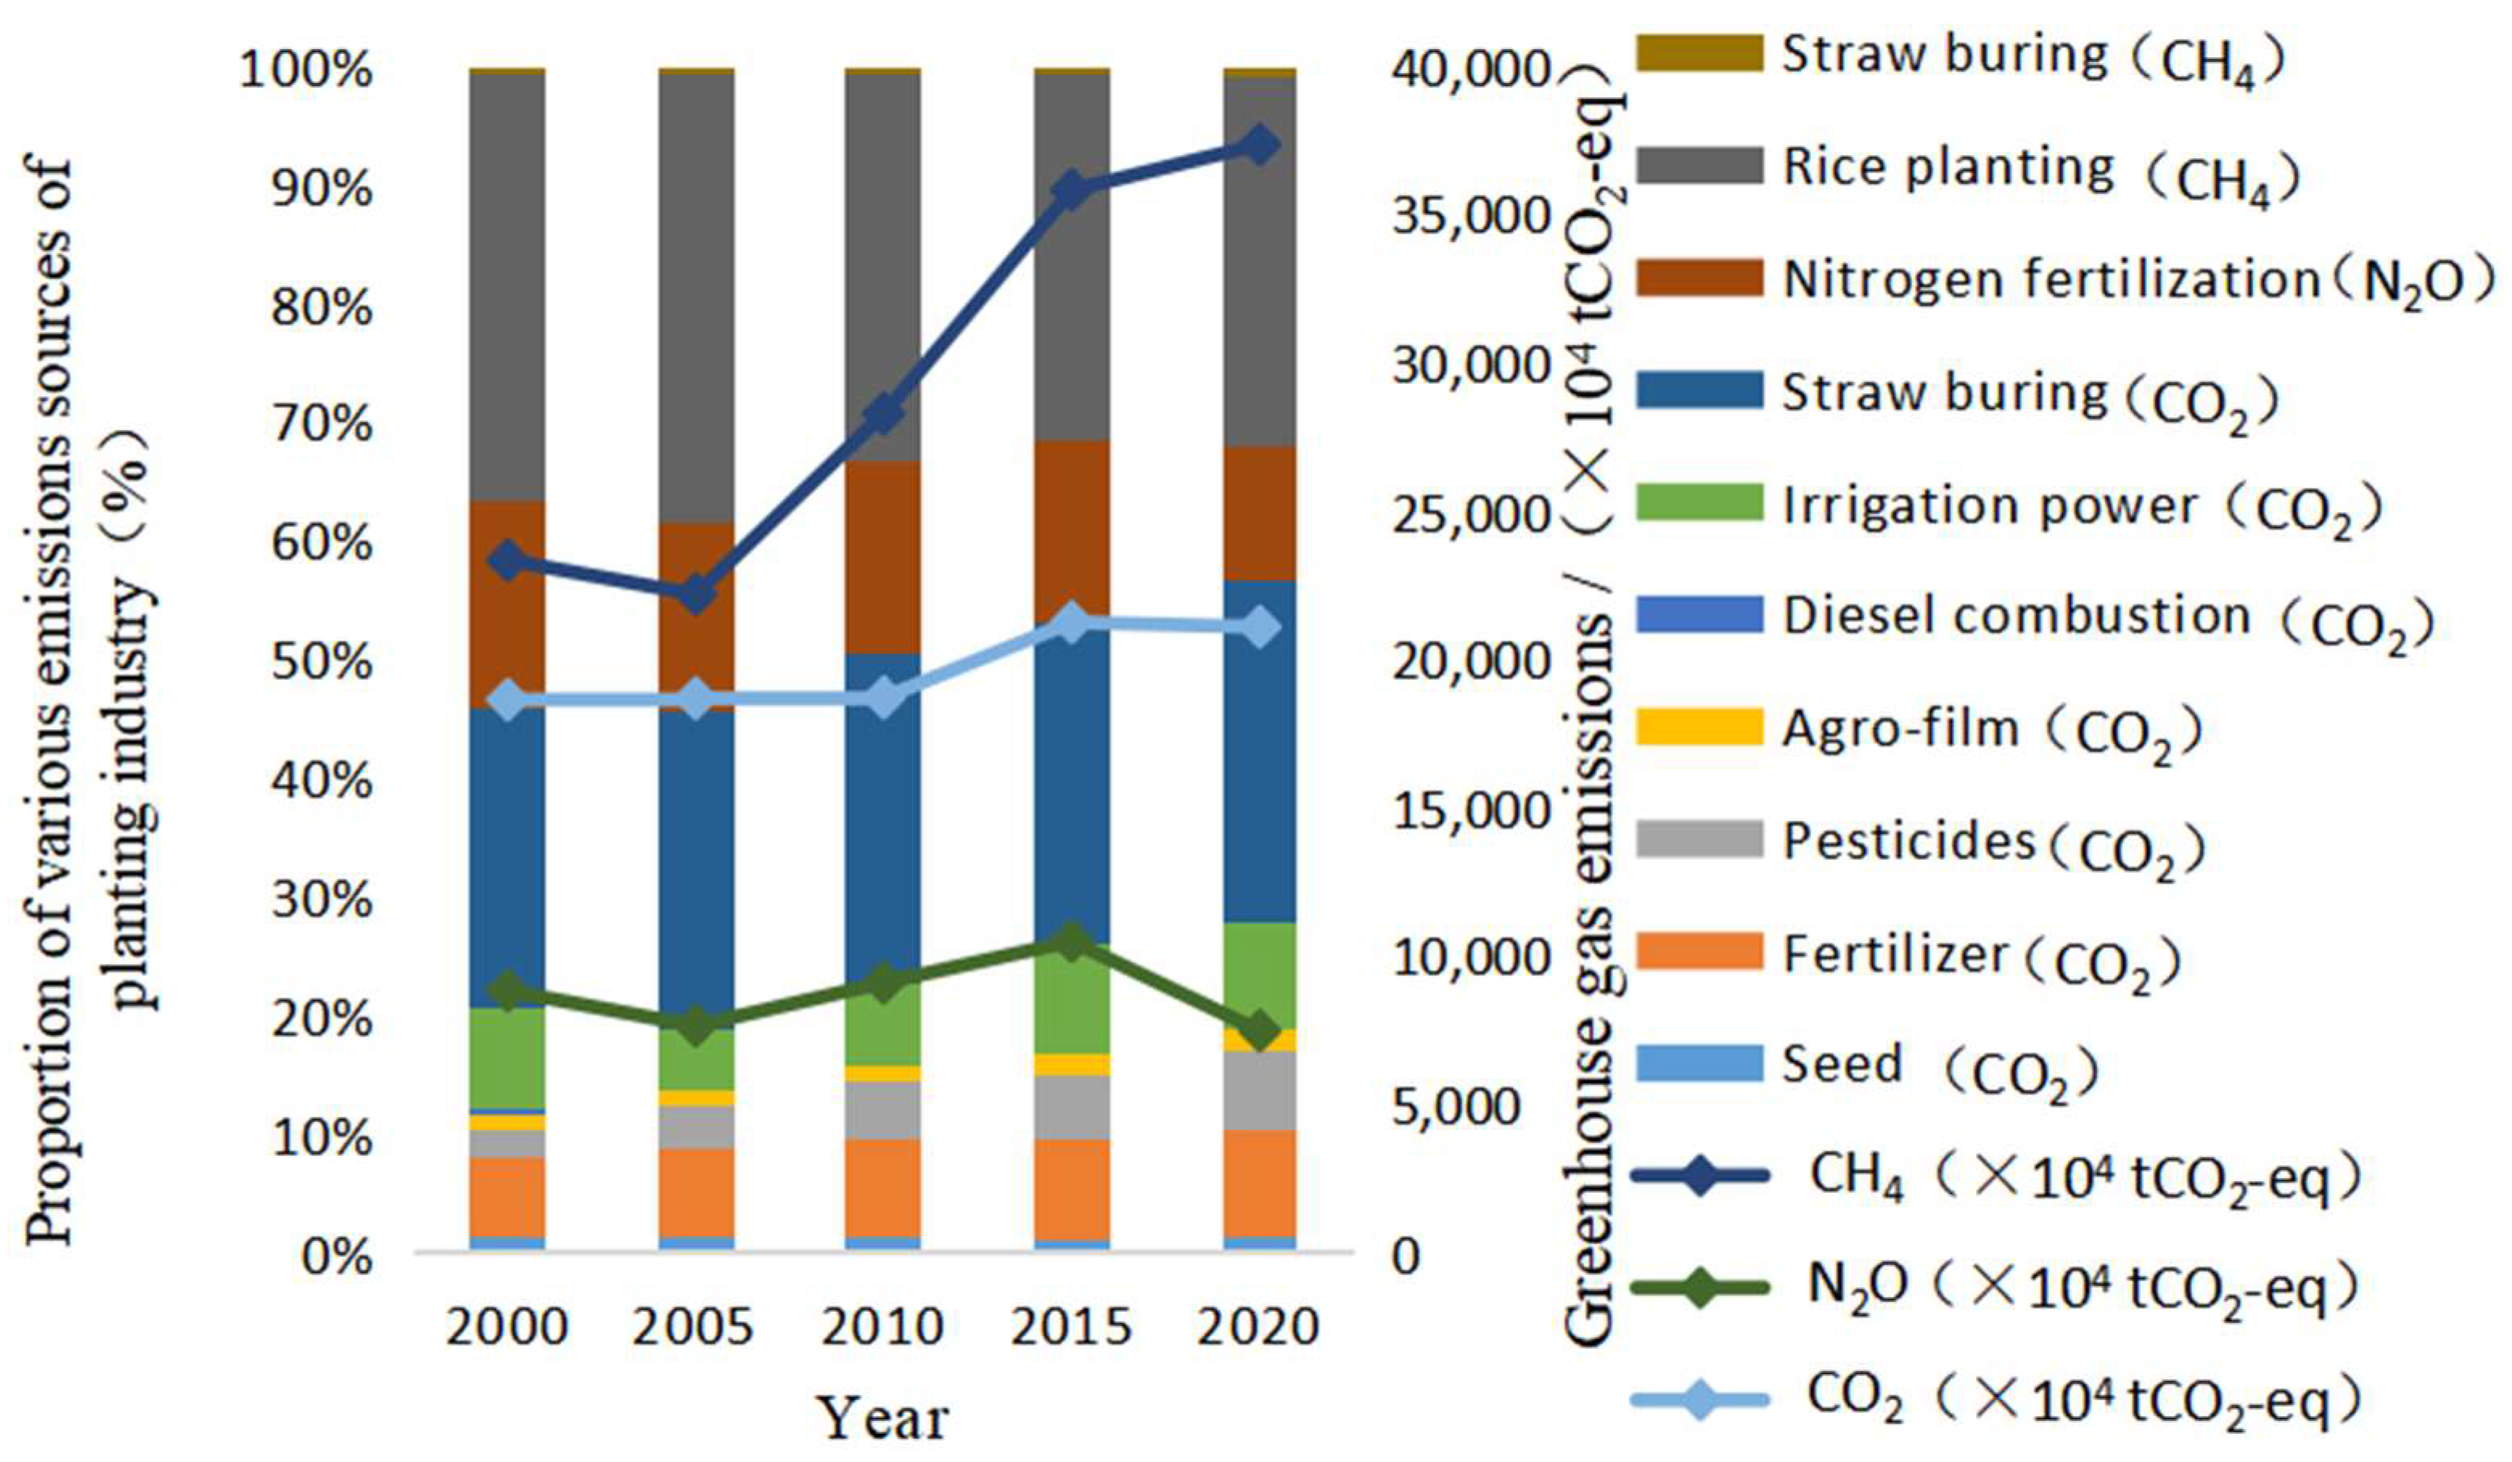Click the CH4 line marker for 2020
coord(1259,145)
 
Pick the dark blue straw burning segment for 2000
coord(508,857)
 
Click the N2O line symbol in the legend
coord(1701,1288)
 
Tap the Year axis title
coord(883,1418)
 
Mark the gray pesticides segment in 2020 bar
coord(1259,1091)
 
